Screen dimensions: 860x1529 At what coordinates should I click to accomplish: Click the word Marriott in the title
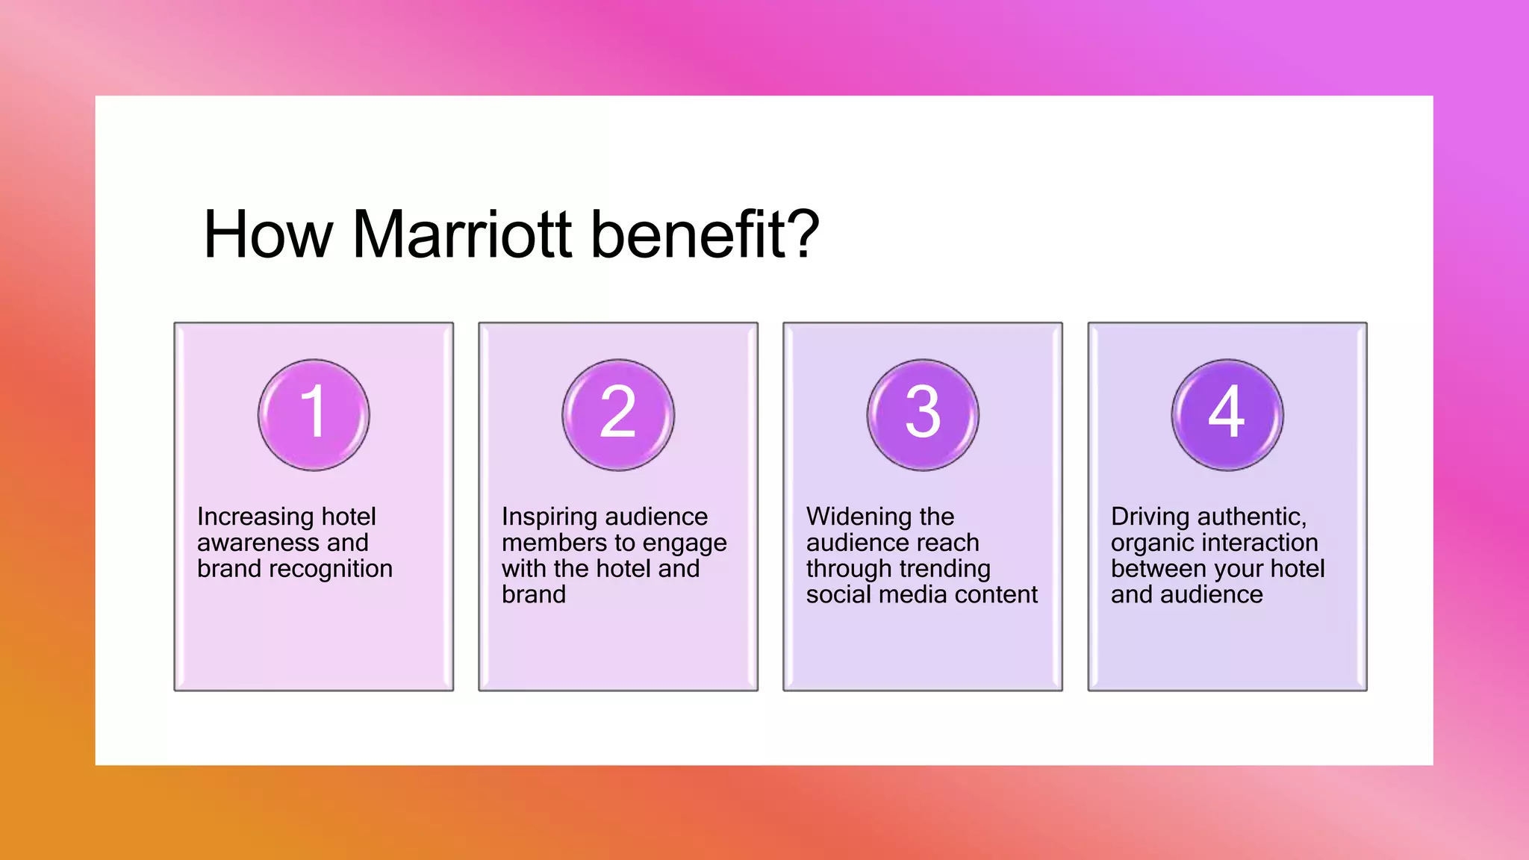coord(462,235)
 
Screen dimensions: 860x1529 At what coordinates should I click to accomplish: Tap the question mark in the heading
coord(804,235)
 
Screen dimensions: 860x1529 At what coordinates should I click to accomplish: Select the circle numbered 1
coord(314,415)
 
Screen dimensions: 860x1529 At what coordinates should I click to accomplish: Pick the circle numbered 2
coord(618,415)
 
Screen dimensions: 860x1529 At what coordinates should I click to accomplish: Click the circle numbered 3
coord(923,415)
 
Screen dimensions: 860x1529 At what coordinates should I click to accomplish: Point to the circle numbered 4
coord(1227,415)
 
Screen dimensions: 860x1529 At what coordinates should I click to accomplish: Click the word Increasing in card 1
coord(255,517)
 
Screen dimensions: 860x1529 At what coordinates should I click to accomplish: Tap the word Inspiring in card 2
coord(553,517)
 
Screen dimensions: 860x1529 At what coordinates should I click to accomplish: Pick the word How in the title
coord(267,235)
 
